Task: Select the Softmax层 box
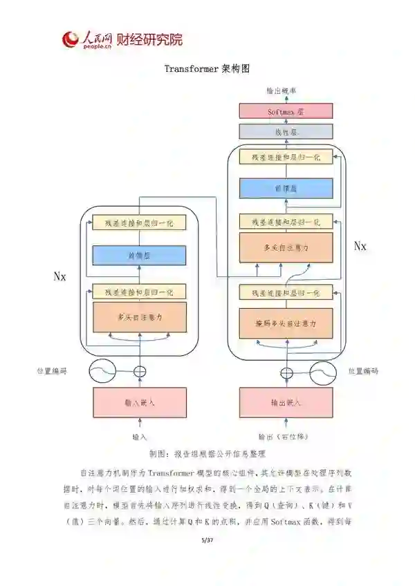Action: click(x=285, y=111)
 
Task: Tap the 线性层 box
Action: click(x=285, y=131)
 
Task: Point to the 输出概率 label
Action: click(x=282, y=91)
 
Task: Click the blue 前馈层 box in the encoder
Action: click(x=140, y=255)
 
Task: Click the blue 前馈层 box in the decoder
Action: click(x=285, y=188)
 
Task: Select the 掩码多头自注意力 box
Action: click(x=285, y=322)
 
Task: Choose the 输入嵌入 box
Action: click(x=140, y=402)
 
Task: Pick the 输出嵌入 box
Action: click(x=285, y=402)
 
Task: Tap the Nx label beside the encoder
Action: click(x=60, y=276)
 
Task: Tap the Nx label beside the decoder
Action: click(x=360, y=245)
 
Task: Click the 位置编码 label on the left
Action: click(x=52, y=371)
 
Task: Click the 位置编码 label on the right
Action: click(x=363, y=371)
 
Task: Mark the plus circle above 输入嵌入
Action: click(x=140, y=372)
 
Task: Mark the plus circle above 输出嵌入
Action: click(x=285, y=372)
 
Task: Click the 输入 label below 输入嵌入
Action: click(x=140, y=437)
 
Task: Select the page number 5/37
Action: click(x=207, y=539)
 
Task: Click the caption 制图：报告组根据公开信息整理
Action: click(x=207, y=454)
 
